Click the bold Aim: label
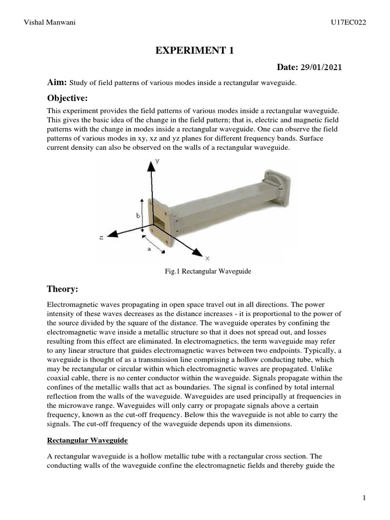pos(57,83)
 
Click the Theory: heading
pos(62,289)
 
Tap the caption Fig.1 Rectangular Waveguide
pos(206,272)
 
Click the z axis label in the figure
pos(102,237)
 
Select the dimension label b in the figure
pos(138,215)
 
